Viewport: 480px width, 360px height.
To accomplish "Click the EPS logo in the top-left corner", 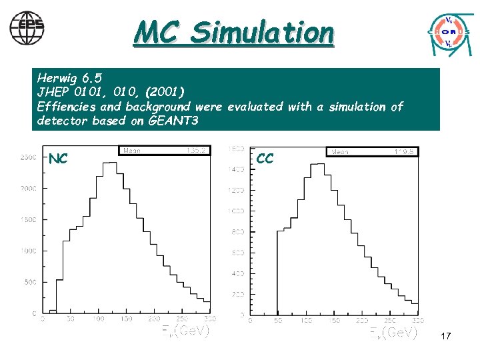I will [27, 27].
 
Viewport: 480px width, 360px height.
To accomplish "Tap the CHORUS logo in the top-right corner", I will [448, 31].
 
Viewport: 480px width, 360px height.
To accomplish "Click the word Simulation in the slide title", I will [261, 32].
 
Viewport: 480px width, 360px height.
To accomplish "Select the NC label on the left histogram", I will [58, 159].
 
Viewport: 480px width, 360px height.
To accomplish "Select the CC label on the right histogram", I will [265, 159].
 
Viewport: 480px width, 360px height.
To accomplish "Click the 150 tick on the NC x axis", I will [126, 320].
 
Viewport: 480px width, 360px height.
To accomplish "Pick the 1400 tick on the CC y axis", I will [236, 169].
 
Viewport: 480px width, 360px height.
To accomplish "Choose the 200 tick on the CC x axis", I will [361, 321].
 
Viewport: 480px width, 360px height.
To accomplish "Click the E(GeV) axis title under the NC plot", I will [185, 331].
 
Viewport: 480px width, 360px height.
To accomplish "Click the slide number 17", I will [445, 337].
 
